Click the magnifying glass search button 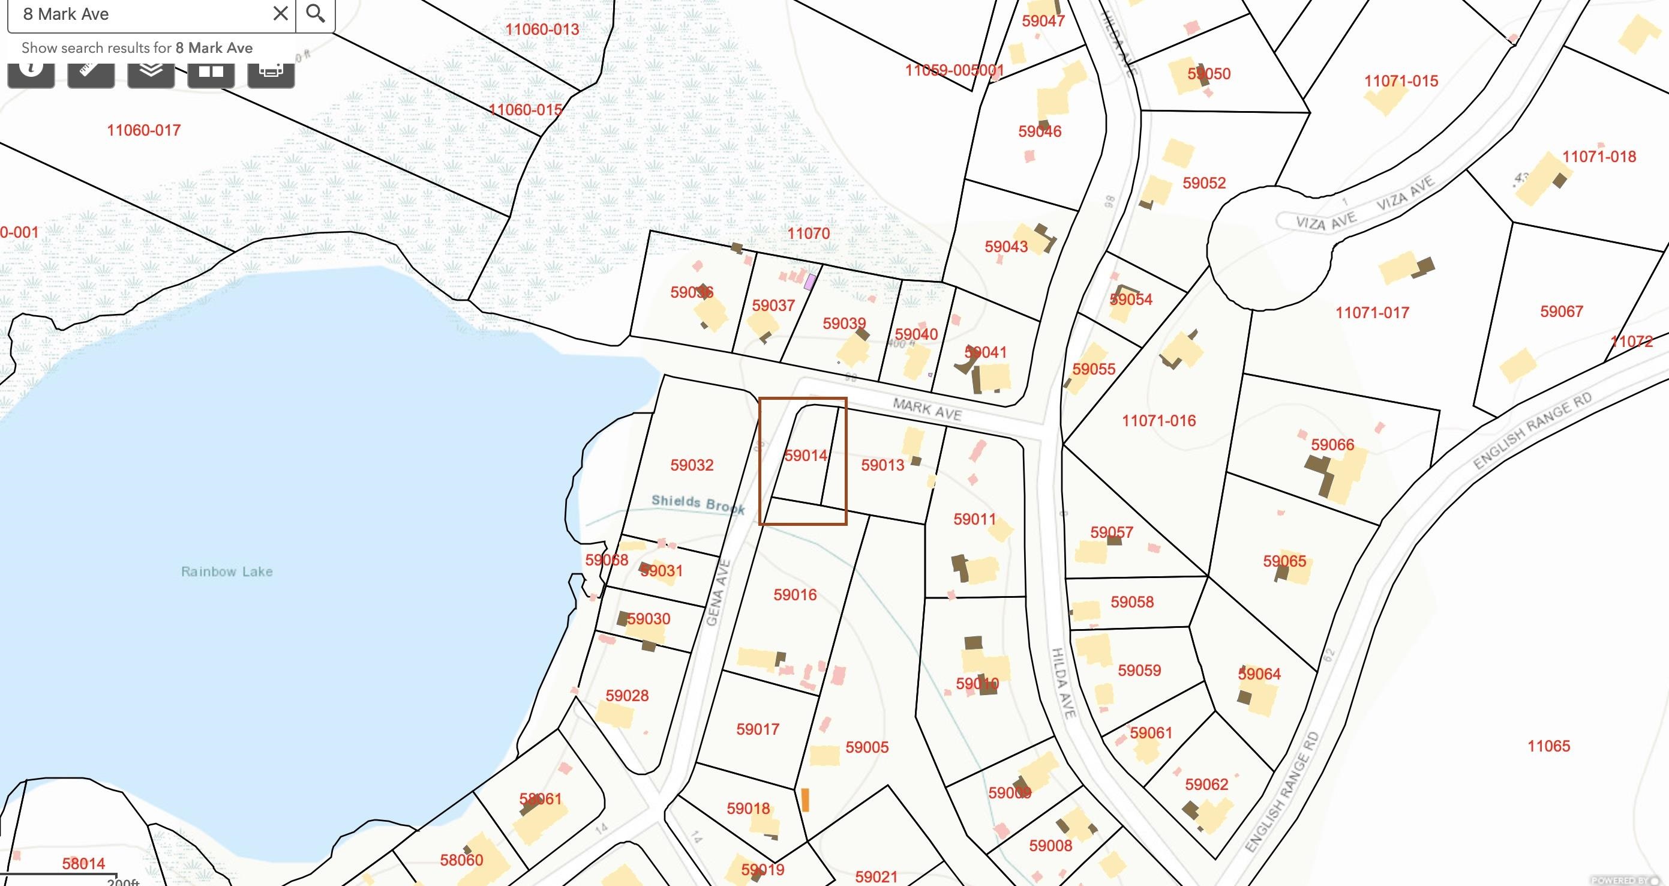[316, 13]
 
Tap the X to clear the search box [281, 13]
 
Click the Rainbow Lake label [227, 571]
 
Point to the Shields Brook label [698, 504]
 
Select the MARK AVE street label [927, 409]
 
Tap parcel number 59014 [805, 456]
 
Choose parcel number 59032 [692, 465]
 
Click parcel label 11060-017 [143, 130]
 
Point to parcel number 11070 [808, 234]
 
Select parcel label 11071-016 [1158, 421]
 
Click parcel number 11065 [1548, 746]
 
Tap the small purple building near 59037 [809, 282]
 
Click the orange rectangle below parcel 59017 [805, 799]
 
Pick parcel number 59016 [795, 595]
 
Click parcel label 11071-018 [1599, 156]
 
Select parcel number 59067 [1562, 312]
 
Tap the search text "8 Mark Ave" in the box [66, 14]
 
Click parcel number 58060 [461, 860]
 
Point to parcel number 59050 [1208, 74]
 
